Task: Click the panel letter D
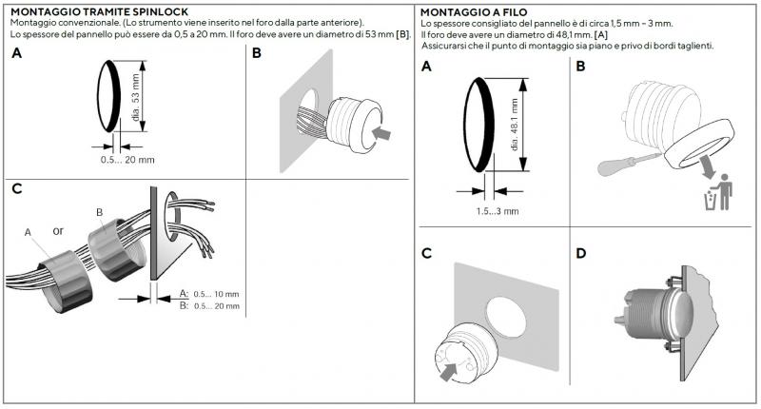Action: (580, 254)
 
